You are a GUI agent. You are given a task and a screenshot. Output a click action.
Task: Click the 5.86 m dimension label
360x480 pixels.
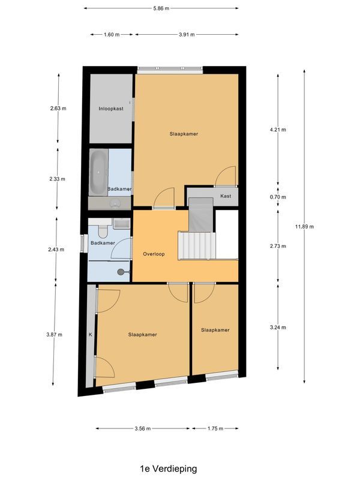[161, 8]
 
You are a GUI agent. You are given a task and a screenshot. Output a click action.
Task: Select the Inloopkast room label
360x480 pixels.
[110, 109]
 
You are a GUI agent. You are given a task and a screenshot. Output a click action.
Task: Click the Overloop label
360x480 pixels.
[154, 254]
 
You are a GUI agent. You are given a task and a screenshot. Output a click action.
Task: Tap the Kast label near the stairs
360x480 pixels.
[226, 196]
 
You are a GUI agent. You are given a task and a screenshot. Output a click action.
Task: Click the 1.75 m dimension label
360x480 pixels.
[215, 428]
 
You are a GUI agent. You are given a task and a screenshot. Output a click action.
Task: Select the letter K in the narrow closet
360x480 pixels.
[91, 334]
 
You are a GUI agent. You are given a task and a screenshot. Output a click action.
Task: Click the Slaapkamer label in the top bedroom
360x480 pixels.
[184, 134]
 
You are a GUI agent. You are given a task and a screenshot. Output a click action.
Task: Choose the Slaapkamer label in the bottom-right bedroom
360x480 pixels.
[215, 329]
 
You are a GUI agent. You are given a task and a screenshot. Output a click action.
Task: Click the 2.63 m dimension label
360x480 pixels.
[58, 109]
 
